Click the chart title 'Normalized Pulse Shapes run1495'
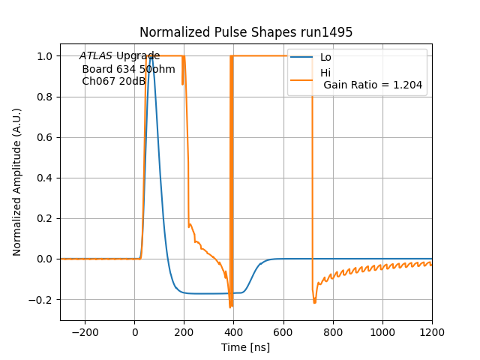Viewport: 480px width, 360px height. (246, 32)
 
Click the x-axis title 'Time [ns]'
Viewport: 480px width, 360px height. (246, 347)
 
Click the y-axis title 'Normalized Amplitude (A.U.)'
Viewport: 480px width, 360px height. (17, 182)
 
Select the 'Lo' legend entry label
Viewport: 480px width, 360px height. (325, 58)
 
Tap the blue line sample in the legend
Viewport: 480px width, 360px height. (302, 58)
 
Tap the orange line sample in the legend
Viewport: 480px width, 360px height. (302, 73)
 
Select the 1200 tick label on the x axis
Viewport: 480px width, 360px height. (431, 332)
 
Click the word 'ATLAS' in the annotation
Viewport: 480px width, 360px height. (96, 56)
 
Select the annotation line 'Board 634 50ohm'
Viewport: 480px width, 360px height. (128, 69)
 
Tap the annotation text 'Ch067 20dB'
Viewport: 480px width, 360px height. (113, 81)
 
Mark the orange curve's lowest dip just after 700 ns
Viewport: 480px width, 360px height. (314, 302)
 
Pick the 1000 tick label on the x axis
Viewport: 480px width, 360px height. (382, 332)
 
